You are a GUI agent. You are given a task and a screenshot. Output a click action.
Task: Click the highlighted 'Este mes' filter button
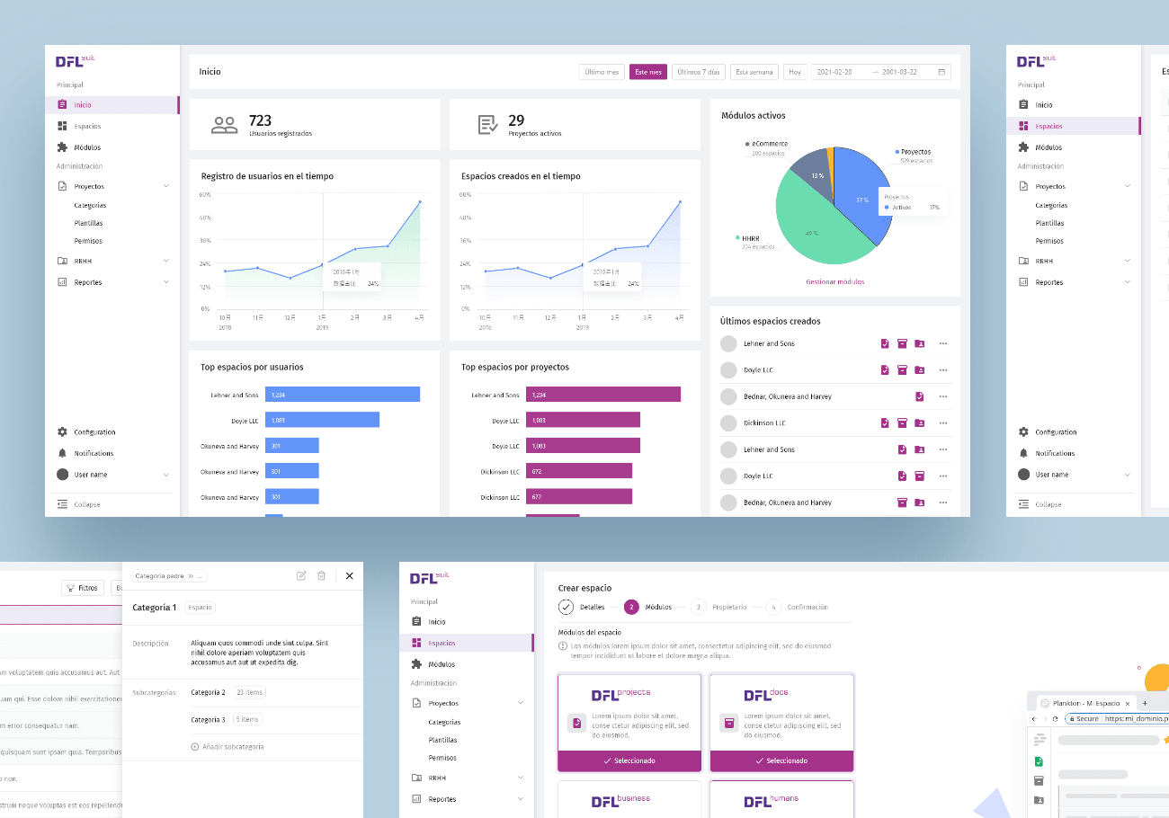(x=647, y=72)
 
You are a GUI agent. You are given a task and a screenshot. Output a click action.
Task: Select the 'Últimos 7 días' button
(x=698, y=72)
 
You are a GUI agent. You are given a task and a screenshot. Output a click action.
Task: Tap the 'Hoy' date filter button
(x=794, y=72)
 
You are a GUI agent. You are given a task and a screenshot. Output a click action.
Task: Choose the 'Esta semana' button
(x=754, y=72)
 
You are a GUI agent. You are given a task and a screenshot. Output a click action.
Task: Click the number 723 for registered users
(x=260, y=120)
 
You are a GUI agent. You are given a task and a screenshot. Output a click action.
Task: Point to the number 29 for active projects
(x=516, y=120)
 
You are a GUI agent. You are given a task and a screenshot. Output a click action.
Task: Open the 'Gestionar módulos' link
(x=834, y=281)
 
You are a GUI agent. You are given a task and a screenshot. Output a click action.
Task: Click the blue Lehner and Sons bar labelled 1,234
(x=342, y=395)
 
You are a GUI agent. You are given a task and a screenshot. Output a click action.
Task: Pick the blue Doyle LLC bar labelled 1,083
(x=322, y=420)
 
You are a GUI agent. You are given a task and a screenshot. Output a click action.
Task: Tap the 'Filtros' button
(x=82, y=588)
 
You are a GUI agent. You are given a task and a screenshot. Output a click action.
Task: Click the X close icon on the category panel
(x=350, y=575)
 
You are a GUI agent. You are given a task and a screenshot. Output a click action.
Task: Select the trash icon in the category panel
(x=321, y=575)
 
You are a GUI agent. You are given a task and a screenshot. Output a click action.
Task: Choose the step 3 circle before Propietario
(x=697, y=607)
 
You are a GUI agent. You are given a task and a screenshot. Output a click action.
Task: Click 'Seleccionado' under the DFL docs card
(x=781, y=760)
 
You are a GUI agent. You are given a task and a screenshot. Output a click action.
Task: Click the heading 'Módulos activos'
(x=753, y=115)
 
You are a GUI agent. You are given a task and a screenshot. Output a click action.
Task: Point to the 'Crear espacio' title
(x=584, y=588)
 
